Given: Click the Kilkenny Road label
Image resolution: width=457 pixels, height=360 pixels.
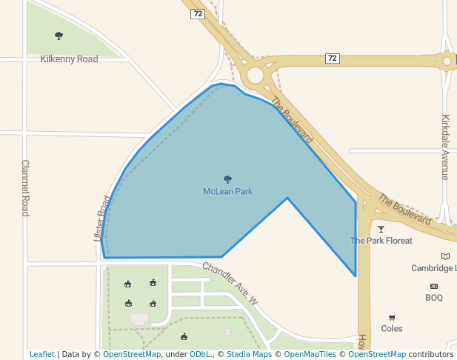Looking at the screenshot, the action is pos(69,59).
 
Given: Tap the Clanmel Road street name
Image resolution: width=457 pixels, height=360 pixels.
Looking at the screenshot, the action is pos(25,187).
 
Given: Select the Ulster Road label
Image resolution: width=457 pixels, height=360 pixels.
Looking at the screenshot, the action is pos(102,218).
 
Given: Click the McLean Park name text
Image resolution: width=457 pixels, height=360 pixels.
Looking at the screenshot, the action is pos(227,191).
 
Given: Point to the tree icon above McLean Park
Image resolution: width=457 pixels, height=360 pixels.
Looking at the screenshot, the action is pos(227,179).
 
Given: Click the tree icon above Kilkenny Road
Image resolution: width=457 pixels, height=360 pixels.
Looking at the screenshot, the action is pos(59,36).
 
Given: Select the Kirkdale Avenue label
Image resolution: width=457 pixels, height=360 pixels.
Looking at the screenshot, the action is pos(445,147).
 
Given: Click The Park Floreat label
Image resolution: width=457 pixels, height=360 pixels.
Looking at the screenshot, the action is pos(381,241).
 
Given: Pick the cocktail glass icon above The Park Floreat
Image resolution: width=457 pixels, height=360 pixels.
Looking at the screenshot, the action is pos(381,229).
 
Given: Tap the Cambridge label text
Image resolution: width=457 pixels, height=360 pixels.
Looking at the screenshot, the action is pos(434,268).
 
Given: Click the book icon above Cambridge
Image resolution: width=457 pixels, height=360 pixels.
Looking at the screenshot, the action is pos(444,256).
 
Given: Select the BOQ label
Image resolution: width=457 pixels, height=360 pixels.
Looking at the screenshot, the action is pos(433,298).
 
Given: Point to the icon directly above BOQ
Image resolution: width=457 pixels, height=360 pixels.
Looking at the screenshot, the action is pos(433,286).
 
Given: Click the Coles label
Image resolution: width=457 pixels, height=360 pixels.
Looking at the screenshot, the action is pos(392,328).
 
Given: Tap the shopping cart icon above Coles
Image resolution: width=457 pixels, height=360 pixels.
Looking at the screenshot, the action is pos(392,317).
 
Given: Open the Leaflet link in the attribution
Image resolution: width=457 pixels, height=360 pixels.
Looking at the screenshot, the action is pos(41,354).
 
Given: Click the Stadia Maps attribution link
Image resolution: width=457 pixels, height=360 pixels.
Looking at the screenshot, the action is pos(249,354).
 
